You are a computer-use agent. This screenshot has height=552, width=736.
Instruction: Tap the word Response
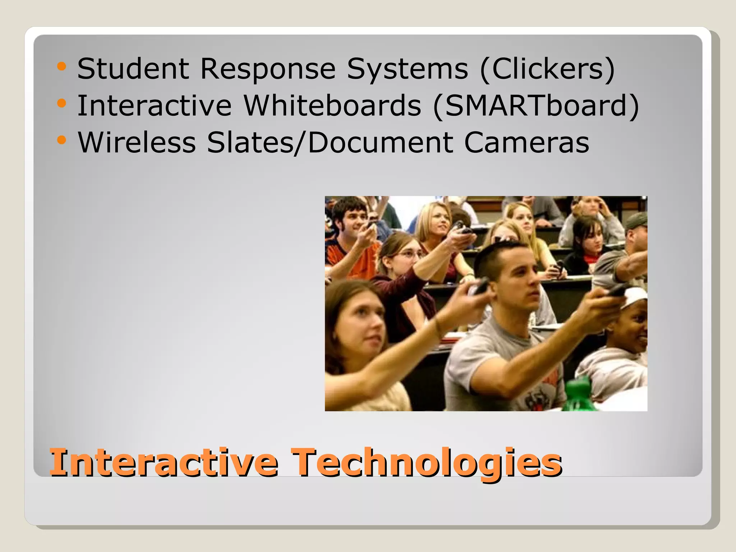pyautogui.click(x=268, y=69)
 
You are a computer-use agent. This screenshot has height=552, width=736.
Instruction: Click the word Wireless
pyautogui.click(x=137, y=142)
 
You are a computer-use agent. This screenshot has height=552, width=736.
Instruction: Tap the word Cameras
pyautogui.click(x=526, y=142)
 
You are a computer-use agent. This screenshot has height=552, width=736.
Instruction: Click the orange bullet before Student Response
pyautogui.click(x=62, y=66)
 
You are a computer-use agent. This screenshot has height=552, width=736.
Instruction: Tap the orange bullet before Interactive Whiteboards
pyautogui.click(x=62, y=103)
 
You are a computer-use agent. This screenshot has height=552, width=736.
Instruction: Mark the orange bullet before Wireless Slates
pyautogui.click(x=62, y=140)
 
